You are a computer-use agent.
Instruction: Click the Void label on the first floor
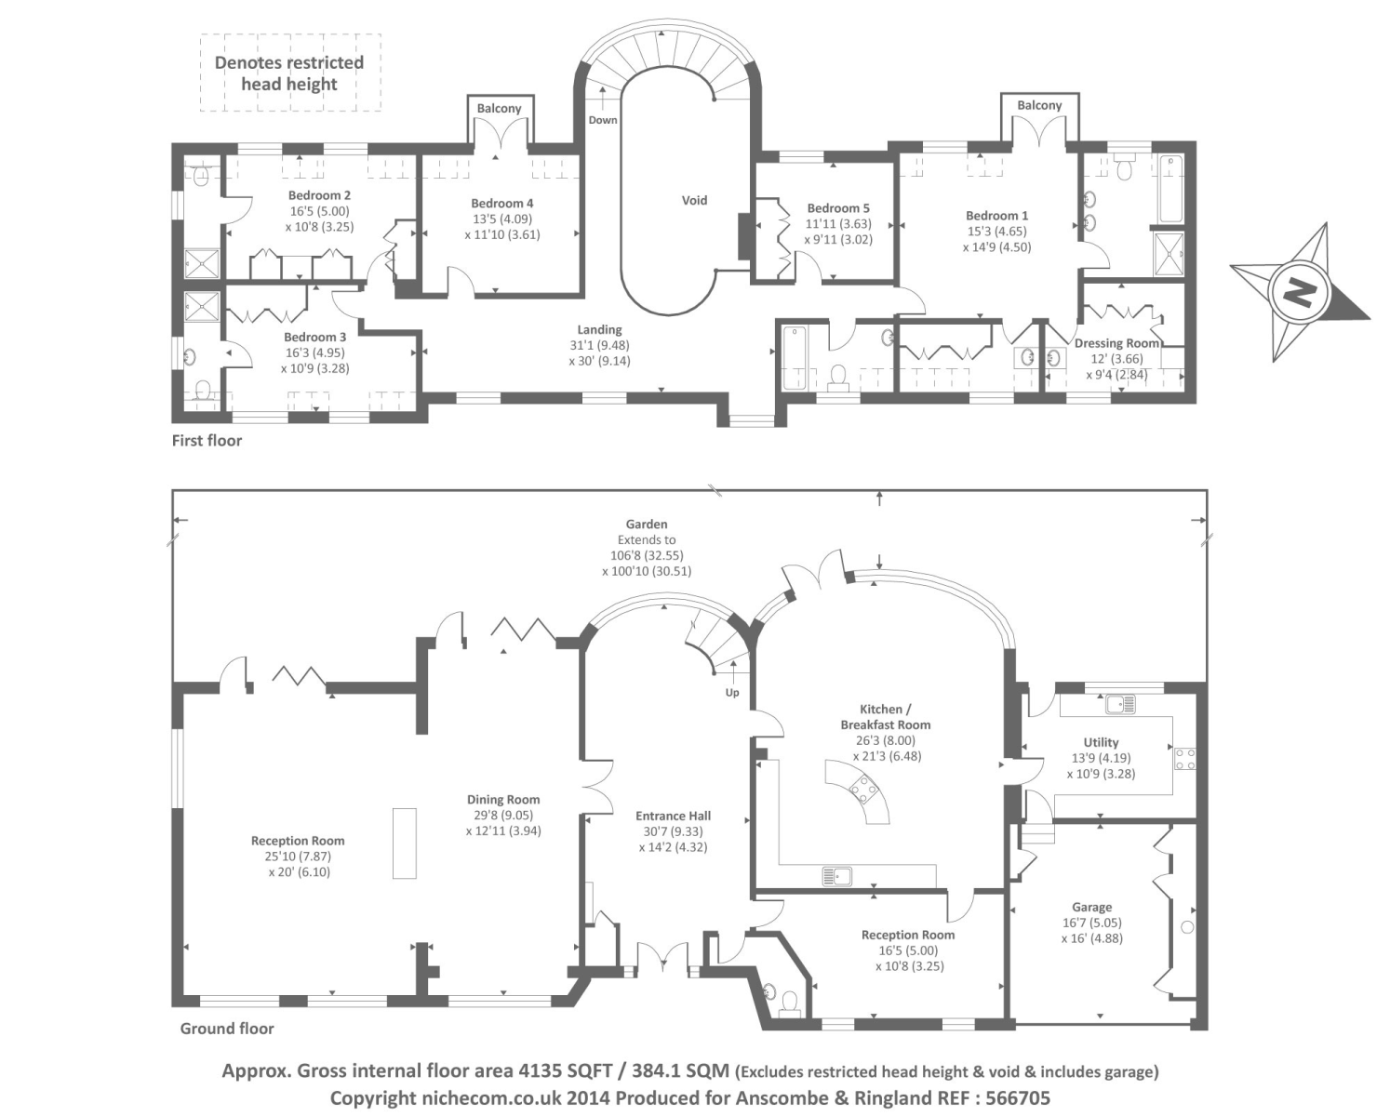694,200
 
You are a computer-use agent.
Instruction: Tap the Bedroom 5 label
838,208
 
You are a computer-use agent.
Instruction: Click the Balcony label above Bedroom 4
499,108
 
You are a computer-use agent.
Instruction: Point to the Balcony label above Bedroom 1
1039,104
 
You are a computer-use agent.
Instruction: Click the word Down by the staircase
603,119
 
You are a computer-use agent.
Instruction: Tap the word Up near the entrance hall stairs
732,692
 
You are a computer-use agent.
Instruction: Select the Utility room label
1101,742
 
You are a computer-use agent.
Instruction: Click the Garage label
1091,907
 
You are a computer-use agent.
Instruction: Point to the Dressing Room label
1116,343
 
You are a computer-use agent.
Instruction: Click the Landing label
599,329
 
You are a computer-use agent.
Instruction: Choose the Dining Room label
503,799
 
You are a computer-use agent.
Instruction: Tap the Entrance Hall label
673,816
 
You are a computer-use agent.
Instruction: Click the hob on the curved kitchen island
863,788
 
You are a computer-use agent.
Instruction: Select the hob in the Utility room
1185,758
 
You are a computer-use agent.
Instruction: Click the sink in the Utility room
1121,703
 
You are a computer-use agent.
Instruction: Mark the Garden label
646,524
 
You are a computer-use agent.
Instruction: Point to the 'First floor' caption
207,441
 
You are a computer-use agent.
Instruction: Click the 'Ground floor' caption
227,1029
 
